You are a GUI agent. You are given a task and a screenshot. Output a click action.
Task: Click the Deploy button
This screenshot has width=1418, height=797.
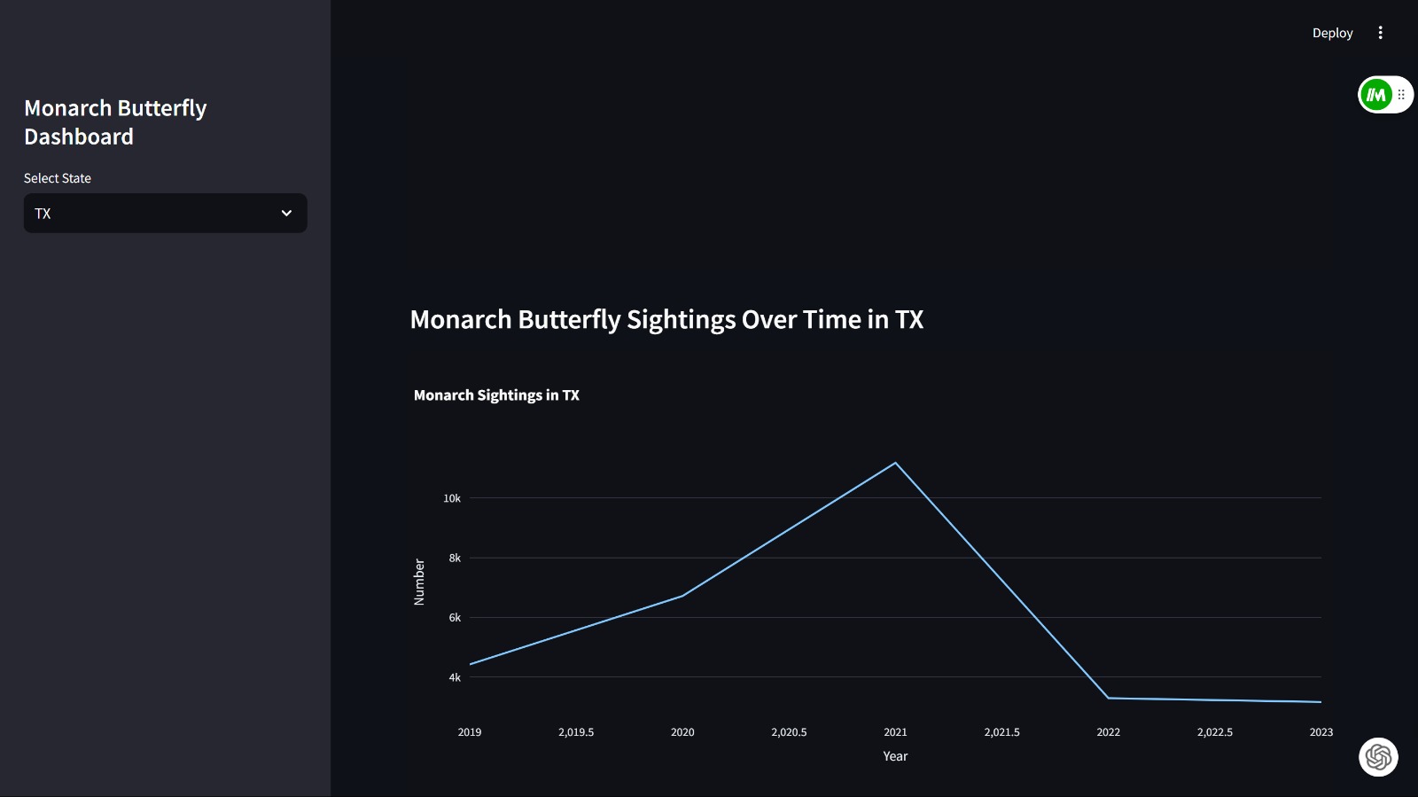pyautogui.click(x=1332, y=33)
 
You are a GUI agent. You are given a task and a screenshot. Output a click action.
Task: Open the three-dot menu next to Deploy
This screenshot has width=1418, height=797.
pyautogui.click(x=1380, y=33)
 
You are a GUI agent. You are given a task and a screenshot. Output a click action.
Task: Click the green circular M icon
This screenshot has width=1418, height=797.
pyautogui.click(x=1376, y=95)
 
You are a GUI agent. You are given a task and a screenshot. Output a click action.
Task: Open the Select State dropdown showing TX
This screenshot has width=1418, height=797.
pyautogui.click(x=165, y=214)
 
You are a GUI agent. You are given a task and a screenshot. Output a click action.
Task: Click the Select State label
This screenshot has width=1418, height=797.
pyautogui.click(x=58, y=178)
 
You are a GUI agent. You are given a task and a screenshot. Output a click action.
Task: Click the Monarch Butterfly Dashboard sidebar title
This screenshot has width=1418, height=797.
pyautogui.click(x=115, y=122)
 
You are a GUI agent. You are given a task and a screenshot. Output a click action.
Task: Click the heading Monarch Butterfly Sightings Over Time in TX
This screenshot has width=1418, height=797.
pyautogui.click(x=666, y=319)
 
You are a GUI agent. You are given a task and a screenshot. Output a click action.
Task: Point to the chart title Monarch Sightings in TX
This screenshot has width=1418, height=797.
pyautogui.click(x=496, y=395)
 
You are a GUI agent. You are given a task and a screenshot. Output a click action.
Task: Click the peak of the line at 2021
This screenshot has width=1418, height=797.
pyautogui.click(x=895, y=463)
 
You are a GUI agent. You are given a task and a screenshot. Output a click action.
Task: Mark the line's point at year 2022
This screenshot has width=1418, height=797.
pyautogui.click(x=1108, y=698)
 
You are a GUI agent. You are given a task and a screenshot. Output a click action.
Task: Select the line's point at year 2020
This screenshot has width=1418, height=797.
pyautogui.click(x=682, y=596)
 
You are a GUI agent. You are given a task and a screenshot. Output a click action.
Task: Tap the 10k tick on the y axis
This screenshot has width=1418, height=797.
pyautogui.click(x=452, y=498)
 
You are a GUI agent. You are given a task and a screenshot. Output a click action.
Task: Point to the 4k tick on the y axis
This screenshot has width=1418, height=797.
pyautogui.click(x=455, y=677)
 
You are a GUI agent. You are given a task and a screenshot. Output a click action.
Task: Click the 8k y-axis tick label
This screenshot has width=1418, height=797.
pyautogui.click(x=455, y=558)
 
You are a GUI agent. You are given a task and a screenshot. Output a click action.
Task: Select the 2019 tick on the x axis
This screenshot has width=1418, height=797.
pyautogui.click(x=470, y=732)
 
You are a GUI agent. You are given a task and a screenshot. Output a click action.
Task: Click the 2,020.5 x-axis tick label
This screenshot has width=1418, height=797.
pyautogui.click(x=789, y=732)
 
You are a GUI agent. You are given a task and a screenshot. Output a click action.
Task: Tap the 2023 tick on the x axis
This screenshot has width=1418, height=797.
pyautogui.click(x=1321, y=732)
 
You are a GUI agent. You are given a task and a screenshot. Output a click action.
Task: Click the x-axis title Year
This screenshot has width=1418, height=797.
pyautogui.click(x=895, y=756)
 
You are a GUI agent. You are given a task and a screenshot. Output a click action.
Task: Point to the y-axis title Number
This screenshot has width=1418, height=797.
pyautogui.click(x=419, y=582)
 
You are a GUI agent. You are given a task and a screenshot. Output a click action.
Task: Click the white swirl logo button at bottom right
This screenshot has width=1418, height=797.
pyautogui.click(x=1378, y=757)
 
